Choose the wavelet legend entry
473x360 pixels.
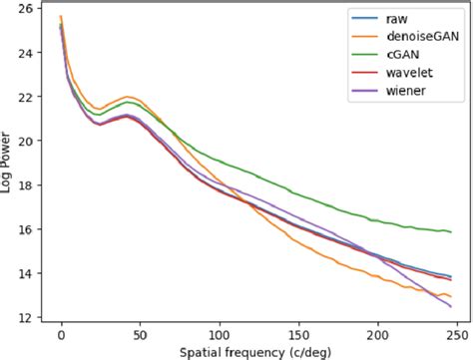(406, 73)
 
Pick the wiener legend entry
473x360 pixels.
(404, 91)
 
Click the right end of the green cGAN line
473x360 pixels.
(451, 231)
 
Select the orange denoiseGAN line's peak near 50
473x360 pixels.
(127, 97)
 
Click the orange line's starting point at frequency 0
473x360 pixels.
(61, 16)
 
